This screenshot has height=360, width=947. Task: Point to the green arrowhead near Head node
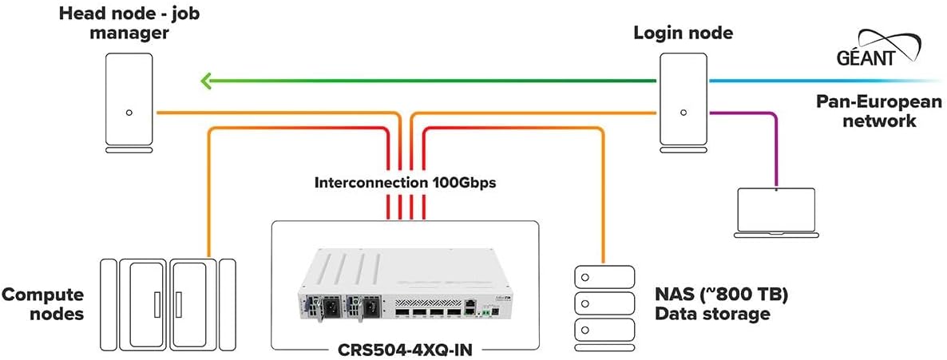point(206,80)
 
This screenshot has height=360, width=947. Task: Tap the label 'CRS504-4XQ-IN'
point(405,349)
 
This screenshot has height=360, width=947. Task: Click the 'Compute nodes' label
point(42,304)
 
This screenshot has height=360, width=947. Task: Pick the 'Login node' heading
point(683,34)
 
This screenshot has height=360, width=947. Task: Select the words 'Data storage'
point(712,314)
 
